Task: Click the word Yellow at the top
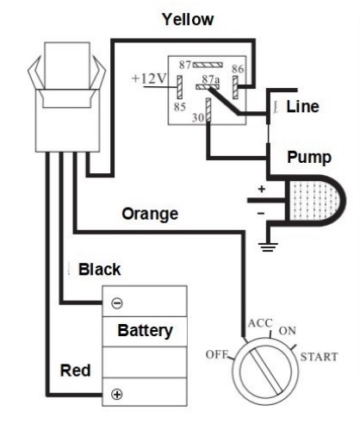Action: point(188,20)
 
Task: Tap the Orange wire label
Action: point(150,214)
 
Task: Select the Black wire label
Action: point(99,270)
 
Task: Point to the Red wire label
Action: point(75,370)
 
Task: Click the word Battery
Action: point(145,331)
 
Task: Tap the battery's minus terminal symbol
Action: point(117,303)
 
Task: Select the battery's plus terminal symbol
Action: point(117,394)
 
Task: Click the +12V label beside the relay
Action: point(149,78)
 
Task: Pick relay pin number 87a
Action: point(210,79)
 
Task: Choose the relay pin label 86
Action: point(238,69)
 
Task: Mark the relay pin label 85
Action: point(180,107)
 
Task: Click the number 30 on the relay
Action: point(198,117)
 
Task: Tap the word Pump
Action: point(309,158)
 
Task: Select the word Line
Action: point(302,106)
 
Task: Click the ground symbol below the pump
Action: point(268,247)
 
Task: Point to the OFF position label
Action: point(217,354)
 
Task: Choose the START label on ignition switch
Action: point(319,357)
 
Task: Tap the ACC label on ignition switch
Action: point(260,323)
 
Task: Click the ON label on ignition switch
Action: point(288,331)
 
